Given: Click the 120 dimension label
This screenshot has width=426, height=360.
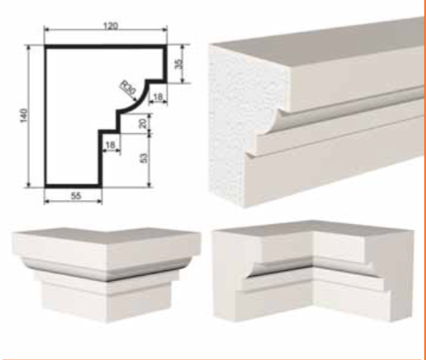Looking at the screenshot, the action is point(110,26).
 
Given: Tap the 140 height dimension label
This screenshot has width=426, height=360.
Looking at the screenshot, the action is point(24,115).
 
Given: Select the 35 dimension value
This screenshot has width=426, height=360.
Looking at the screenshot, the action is point(179,64).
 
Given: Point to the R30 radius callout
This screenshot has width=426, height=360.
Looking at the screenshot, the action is point(129,87).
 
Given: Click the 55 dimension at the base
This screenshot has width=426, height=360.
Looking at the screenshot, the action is point(76,196).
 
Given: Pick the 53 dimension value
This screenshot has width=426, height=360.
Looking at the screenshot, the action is point(143,158).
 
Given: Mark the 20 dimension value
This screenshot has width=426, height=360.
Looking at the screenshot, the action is point(143,124).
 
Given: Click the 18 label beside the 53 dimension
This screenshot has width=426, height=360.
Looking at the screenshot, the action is point(110,145).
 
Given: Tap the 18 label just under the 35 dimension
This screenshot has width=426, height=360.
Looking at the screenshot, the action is point(158,96).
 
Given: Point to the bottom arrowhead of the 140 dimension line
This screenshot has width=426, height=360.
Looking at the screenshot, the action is point(29,185).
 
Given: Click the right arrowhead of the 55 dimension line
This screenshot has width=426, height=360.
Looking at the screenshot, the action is point(100,202).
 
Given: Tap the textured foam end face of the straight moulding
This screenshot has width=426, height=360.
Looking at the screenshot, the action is point(241,124).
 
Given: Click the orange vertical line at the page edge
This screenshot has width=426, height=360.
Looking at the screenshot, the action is point(424,179).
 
